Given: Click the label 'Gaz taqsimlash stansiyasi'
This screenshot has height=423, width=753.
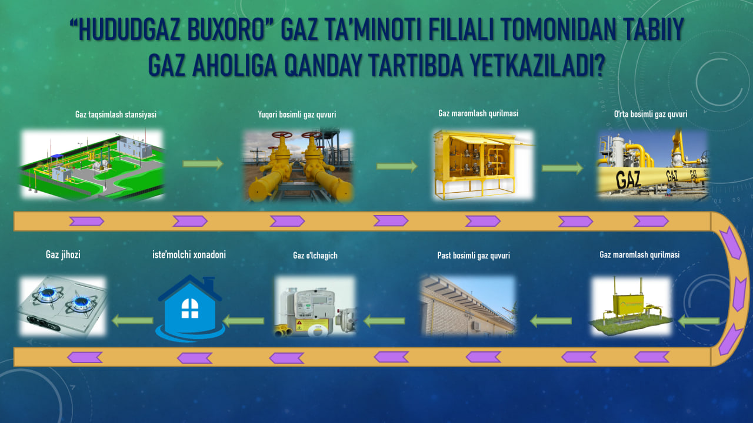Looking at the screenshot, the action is pos(116,115).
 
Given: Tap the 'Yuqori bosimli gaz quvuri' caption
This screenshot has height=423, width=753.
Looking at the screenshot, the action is pos(297,115).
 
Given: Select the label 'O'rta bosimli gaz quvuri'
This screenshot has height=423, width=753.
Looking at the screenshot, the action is pos(651,114).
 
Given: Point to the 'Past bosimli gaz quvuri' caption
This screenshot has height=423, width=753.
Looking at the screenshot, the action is pos(474,256).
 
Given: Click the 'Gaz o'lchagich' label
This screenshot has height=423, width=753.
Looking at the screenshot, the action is pos(315,256).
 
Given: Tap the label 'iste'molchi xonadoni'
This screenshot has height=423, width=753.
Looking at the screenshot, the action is pos(189,254).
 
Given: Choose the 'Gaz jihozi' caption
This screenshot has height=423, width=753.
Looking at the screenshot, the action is pos(63,254).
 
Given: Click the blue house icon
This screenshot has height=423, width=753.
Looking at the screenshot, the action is pos(190,308).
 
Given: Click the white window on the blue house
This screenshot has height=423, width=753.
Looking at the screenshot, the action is pos(190,308).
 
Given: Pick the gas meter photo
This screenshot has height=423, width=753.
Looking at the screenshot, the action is pos(315,306).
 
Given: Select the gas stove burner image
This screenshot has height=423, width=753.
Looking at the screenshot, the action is pos(63,306).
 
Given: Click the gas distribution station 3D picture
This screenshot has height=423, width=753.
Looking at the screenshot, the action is pos(92,164).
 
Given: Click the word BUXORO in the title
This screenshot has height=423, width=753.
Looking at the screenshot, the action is pos(226,29).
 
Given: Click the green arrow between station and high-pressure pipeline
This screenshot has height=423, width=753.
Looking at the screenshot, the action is pos(203,163).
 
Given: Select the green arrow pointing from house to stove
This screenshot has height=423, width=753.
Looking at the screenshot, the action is pos(132,321).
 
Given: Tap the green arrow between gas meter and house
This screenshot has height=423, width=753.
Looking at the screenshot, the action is pos(244,321).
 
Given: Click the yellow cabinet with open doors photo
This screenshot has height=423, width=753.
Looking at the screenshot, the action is pos(483,164).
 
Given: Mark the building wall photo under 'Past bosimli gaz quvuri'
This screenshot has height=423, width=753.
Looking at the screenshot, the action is pos(468,306).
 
